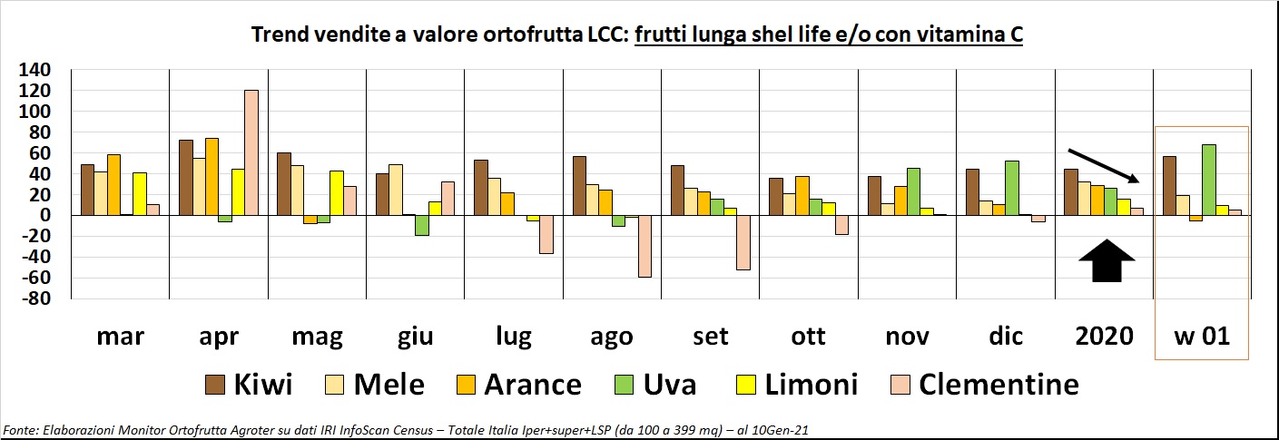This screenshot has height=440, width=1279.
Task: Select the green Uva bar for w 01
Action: click(x=1208, y=180)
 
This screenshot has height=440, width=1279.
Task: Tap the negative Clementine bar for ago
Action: click(x=644, y=246)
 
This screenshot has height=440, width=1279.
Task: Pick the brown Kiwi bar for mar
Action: click(x=88, y=190)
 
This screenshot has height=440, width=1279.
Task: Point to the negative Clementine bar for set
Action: click(x=743, y=242)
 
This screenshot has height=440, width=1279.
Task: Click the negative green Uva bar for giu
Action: click(x=421, y=225)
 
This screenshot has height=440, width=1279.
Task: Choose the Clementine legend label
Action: click(x=999, y=385)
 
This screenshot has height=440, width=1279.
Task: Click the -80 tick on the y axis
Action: click(x=42, y=298)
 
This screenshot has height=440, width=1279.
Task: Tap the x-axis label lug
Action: click(x=514, y=337)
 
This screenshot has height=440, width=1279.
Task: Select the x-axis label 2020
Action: click(x=1104, y=337)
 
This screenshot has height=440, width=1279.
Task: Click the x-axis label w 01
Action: click(x=1201, y=337)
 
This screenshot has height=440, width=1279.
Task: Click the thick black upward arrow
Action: click(x=1107, y=261)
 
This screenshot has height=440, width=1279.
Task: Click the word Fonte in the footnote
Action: click(x=19, y=428)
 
